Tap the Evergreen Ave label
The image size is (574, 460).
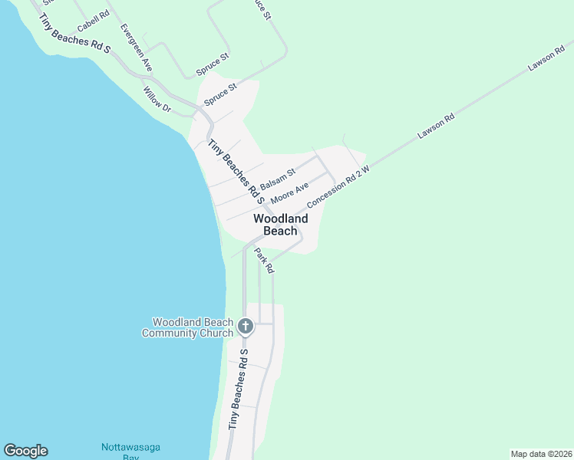click(x=137, y=48)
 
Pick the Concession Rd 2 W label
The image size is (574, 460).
click(x=338, y=186)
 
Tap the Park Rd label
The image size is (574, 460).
click(x=265, y=261)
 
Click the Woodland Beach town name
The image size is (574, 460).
click(x=281, y=225)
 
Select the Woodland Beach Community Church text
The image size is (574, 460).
click(x=193, y=327)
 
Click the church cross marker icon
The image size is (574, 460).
click(x=246, y=327)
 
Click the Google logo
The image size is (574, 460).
click(x=25, y=451)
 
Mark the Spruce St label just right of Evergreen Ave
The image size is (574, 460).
click(x=213, y=64)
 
